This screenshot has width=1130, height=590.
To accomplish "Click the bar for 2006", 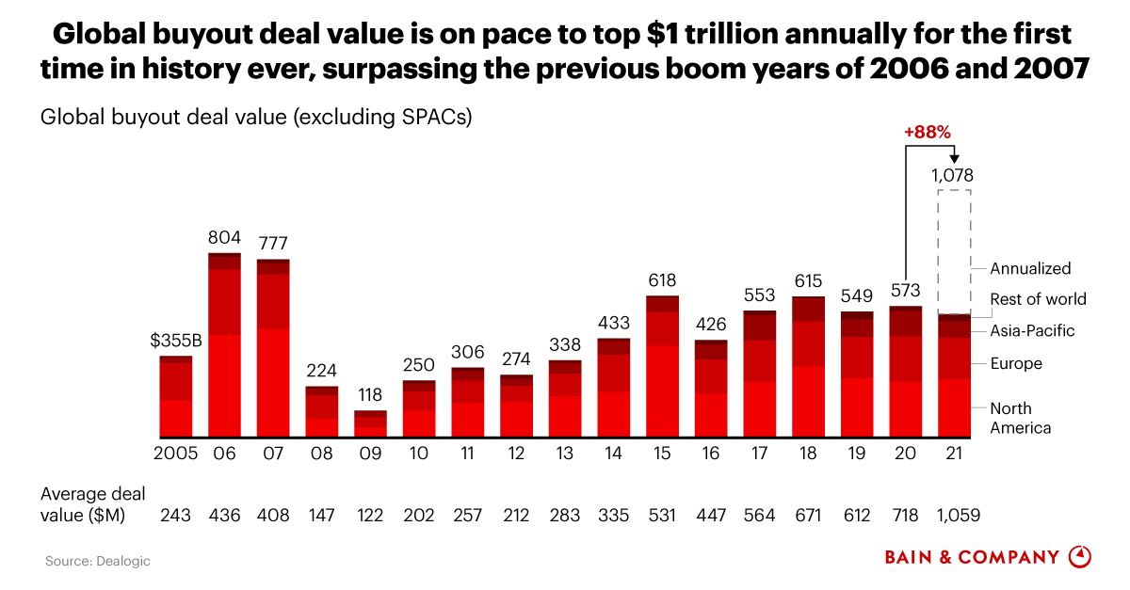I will [x=224, y=344].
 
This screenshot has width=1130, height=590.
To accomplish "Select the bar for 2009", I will [x=370, y=423].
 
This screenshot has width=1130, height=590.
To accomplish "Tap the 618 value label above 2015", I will [x=662, y=280].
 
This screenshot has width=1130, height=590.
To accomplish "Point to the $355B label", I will [x=176, y=341].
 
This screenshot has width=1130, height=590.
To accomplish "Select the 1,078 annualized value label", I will [x=952, y=175].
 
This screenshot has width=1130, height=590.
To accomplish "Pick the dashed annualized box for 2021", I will [x=954, y=251].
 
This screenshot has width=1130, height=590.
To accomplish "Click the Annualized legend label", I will [x=1030, y=268].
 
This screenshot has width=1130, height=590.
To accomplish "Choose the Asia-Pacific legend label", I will [x=1032, y=331].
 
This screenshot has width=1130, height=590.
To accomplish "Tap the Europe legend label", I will [x=1016, y=363].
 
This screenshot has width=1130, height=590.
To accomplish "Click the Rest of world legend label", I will [x=1038, y=299].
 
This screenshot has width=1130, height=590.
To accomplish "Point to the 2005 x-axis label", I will [x=175, y=453].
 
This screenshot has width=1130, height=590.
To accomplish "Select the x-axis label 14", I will [x=613, y=453].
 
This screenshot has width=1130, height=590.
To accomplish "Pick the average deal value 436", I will [x=224, y=515].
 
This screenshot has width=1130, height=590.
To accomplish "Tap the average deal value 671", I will [x=808, y=515].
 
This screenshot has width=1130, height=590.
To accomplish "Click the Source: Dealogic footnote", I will [x=98, y=561].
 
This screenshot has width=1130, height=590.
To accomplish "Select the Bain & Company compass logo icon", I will [x=1080, y=556].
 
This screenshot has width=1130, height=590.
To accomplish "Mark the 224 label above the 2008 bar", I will [x=321, y=370].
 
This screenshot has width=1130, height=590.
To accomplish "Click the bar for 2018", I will [x=808, y=366].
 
